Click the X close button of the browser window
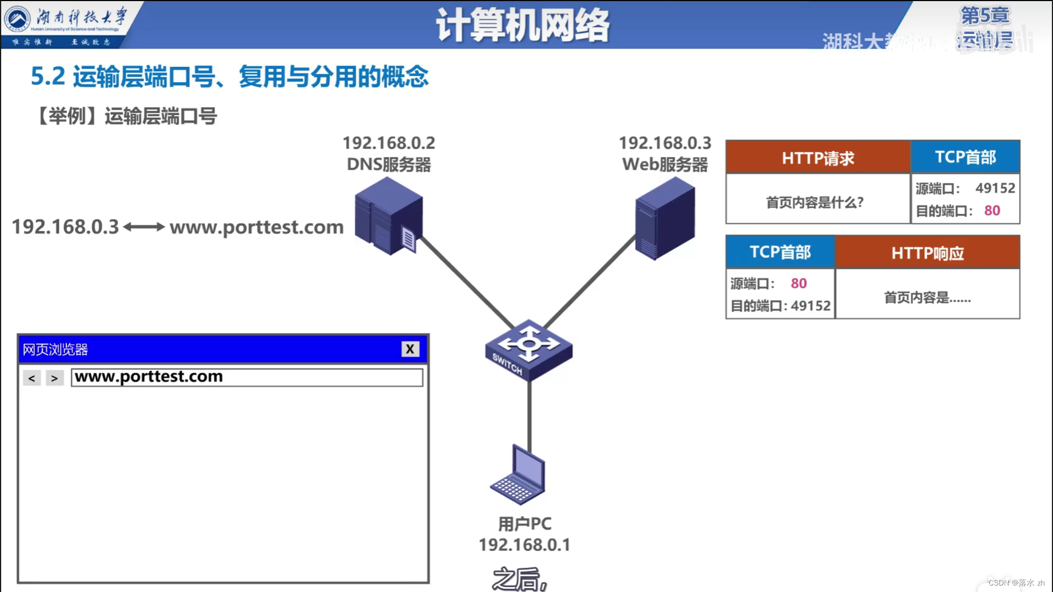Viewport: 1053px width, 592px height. pos(410,349)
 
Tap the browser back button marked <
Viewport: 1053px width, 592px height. pos(32,378)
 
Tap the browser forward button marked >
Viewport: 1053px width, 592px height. pos(55,378)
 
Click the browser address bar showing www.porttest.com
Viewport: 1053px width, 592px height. pos(247,377)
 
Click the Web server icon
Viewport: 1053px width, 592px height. pos(665,218)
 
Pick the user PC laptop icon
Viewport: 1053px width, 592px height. pos(519,475)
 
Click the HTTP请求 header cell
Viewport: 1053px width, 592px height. pos(818,158)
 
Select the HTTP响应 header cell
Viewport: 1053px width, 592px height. pos(927,253)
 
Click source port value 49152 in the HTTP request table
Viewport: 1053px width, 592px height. pos(995,188)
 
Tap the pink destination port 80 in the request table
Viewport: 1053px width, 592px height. pos(992,210)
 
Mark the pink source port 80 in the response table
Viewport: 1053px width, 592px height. pos(798,283)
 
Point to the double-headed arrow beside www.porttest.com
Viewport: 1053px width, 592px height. pos(144,227)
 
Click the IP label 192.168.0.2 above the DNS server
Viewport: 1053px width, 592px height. pos(389,143)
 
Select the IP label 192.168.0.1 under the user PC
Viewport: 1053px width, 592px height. pos(524,545)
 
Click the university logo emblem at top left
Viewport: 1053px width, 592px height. pos(18,19)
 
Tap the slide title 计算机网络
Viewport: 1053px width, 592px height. pos(522,25)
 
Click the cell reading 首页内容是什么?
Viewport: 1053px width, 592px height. pos(815,202)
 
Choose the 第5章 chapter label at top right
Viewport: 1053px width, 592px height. pos(984,15)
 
